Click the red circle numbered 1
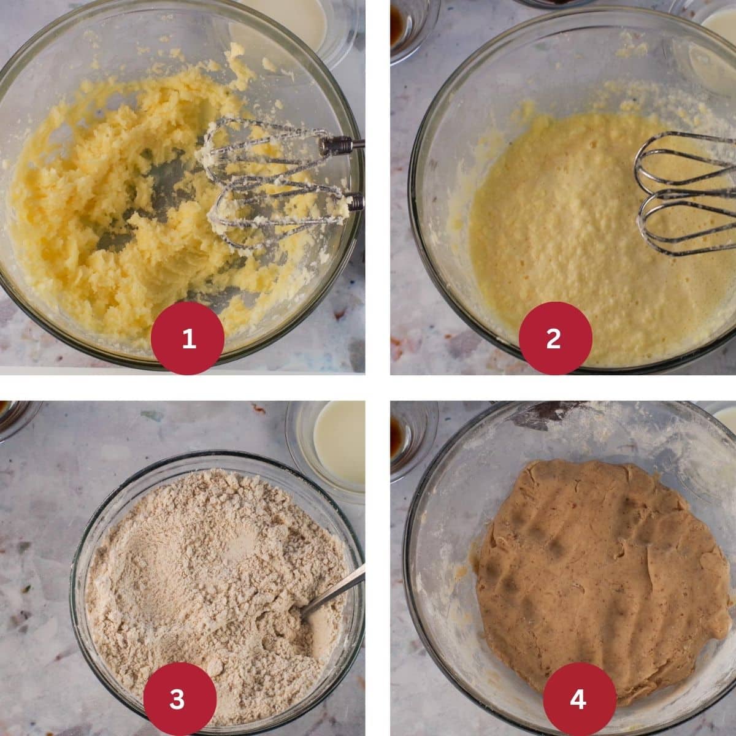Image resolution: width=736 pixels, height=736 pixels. pos(188,338)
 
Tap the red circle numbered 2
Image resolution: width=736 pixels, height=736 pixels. pos(554,338)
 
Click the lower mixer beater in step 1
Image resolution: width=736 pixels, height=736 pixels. pos(270,209)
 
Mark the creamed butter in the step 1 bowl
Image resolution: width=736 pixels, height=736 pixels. pos(123,202)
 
